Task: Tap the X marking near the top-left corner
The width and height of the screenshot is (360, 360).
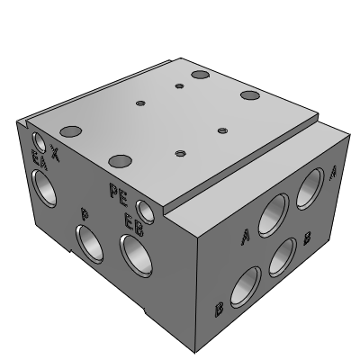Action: point(54,153)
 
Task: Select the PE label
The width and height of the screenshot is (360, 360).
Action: point(119,195)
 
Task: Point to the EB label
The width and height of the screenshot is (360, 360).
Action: point(134,224)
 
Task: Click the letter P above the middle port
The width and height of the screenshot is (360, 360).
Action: point(85,213)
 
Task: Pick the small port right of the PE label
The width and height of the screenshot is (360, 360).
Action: point(145,212)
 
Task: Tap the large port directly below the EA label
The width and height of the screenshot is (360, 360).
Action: point(44,188)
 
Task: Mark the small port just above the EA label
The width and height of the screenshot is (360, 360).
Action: point(39,142)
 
